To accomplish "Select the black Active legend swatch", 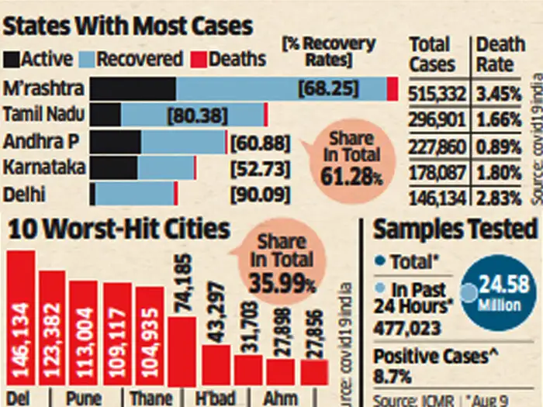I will point(12,59).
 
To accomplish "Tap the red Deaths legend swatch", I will point(196,59).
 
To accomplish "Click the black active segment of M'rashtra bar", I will point(133,88).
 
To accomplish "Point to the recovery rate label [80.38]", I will point(197,116).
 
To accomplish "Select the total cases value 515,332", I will point(437,95).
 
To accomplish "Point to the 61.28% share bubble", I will point(352,158).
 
